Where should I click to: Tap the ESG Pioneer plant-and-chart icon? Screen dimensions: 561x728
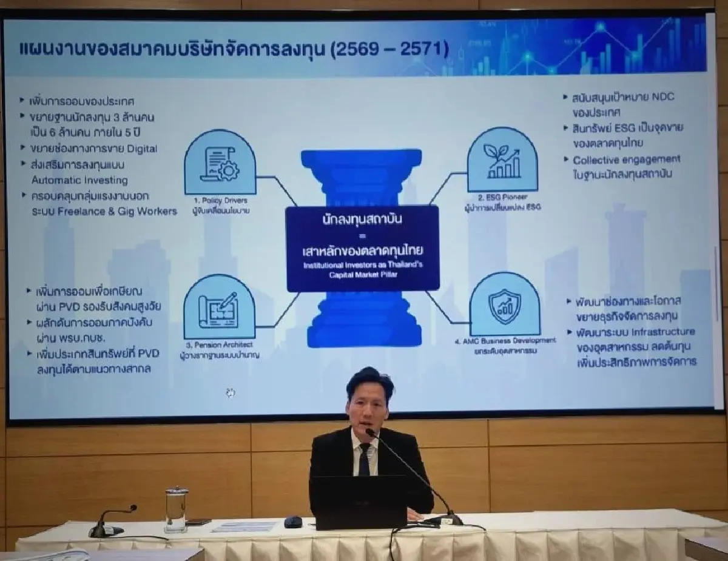tap(502, 160)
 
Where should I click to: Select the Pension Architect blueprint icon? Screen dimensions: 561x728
tap(219, 306)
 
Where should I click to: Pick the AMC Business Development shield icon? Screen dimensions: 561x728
tap(504, 304)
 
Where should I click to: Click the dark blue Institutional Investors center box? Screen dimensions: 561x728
tap(362, 248)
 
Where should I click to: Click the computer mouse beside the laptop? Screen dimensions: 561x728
tap(293, 522)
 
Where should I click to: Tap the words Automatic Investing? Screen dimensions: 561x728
tap(79, 180)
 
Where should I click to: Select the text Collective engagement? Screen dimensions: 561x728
tap(627, 160)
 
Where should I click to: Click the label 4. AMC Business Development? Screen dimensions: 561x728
tap(505, 341)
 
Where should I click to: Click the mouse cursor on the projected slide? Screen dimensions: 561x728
tap(231, 392)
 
